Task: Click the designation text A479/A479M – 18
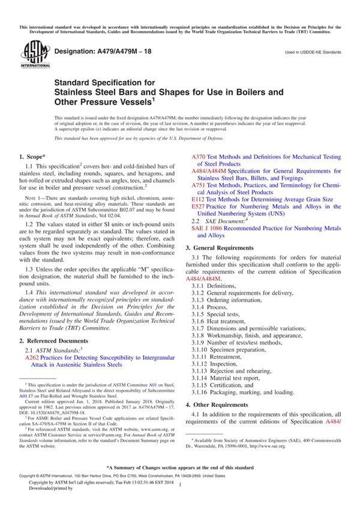(103, 52)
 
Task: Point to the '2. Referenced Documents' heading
(58, 340)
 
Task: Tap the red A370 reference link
(199, 157)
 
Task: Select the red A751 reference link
(199, 186)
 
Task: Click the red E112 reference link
(198, 199)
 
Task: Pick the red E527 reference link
(198, 206)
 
